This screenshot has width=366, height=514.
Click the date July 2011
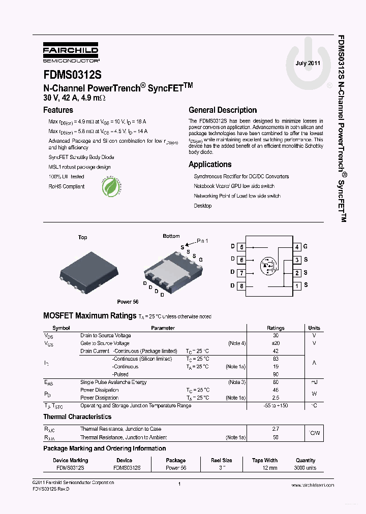click(x=308, y=63)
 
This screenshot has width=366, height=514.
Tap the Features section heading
click(x=58, y=110)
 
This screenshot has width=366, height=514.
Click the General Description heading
click(x=223, y=110)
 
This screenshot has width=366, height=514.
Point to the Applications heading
click(x=210, y=165)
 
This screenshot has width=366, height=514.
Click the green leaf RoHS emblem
click(x=112, y=186)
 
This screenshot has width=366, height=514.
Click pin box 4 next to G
click(x=297, y=247)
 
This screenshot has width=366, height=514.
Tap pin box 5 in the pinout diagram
click(x=242, y=247)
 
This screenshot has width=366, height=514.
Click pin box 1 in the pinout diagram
click(x=297, y=286)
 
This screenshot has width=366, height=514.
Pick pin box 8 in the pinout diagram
click(x=242, y=286)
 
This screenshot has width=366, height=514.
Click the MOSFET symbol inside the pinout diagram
click(x=268, y=265)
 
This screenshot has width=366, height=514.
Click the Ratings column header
click(x=276, y=328)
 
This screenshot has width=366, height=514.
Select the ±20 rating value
click(x=276, y=343)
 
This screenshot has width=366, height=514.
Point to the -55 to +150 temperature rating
click(x=276, y=406)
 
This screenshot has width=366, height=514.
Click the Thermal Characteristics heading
click(x=77, y=417)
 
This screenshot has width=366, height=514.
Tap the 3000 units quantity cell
click(x=305, y=468)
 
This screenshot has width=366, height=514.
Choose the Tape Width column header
click(x=264, y=461)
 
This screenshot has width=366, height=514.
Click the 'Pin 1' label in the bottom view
click(x=202, y=240)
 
